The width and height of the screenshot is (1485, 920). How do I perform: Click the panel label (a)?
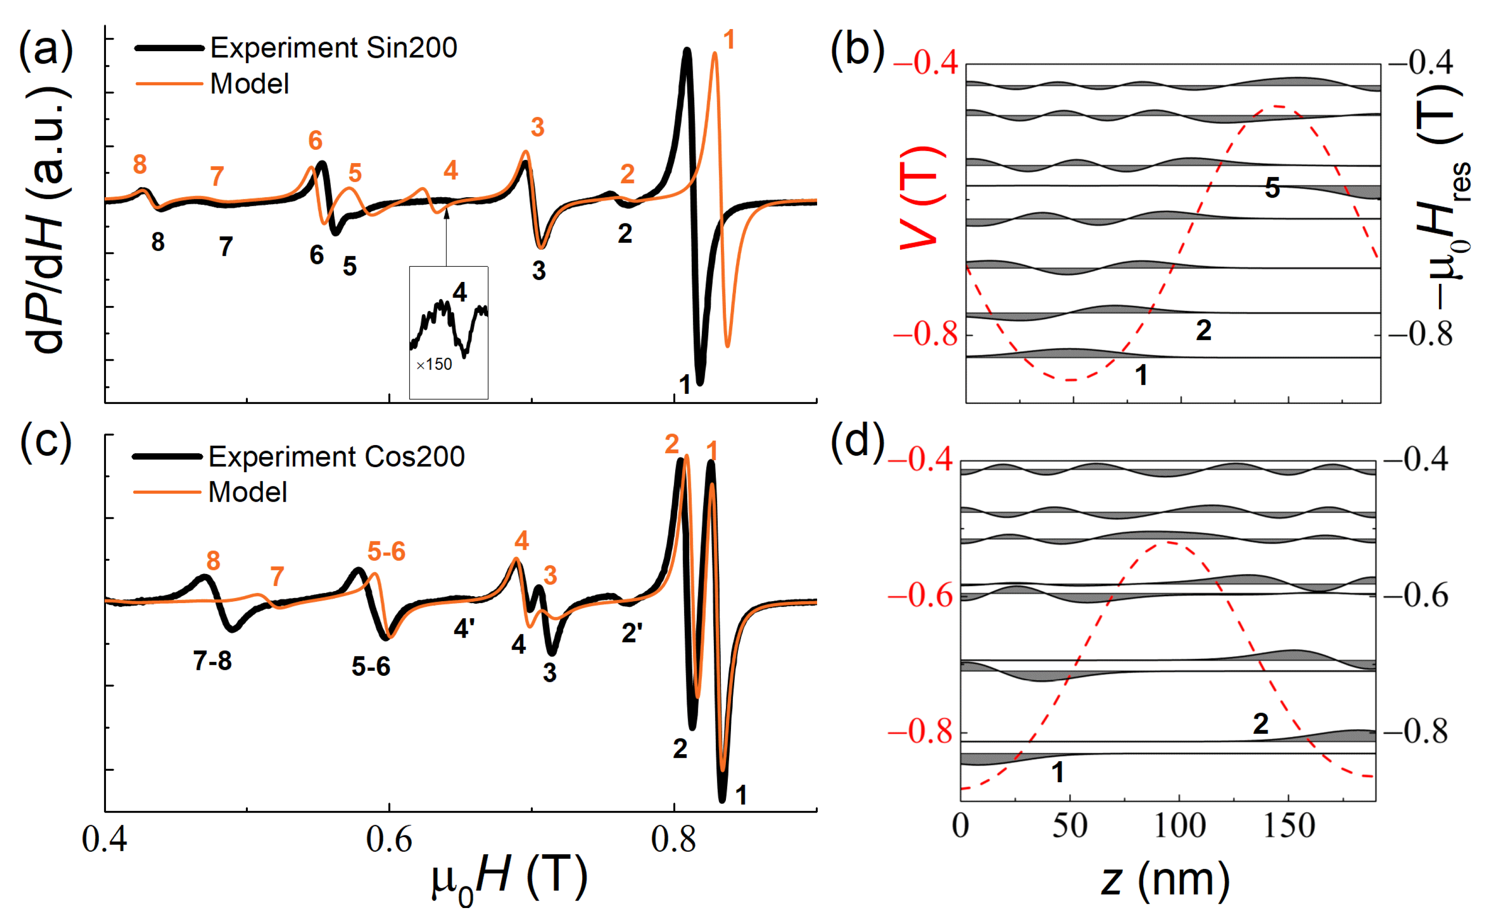(x=46, y=50)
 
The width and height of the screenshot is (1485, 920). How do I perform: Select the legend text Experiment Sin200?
(x=333, y=48)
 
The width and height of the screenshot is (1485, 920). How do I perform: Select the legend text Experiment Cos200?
(x=336, y=457)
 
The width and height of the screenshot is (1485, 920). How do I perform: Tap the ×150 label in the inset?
(x=434, y=364)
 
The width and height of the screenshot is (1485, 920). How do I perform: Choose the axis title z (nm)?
(x=1164, y=880)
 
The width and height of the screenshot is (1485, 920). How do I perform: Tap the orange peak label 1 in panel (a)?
(x=729, y=40)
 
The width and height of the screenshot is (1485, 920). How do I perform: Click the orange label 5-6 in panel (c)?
(x=386, y=552)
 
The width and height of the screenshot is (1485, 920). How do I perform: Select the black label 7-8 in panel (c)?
(x=212, y=661)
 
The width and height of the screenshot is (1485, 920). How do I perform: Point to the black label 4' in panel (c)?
(x=464, y=628)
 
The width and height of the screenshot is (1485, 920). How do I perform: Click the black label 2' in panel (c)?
(x=631, y=633)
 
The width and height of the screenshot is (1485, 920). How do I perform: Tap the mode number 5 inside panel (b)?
(x=1272, y=188)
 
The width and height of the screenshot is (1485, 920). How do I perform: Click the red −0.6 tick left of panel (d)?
(x=920, y=596)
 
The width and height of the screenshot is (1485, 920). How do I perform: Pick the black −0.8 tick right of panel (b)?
(x=1421, y=334)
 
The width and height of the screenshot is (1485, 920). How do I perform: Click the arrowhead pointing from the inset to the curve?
(x=446, y=211)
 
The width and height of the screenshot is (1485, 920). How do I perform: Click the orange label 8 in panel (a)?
(x=140, y=164)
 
